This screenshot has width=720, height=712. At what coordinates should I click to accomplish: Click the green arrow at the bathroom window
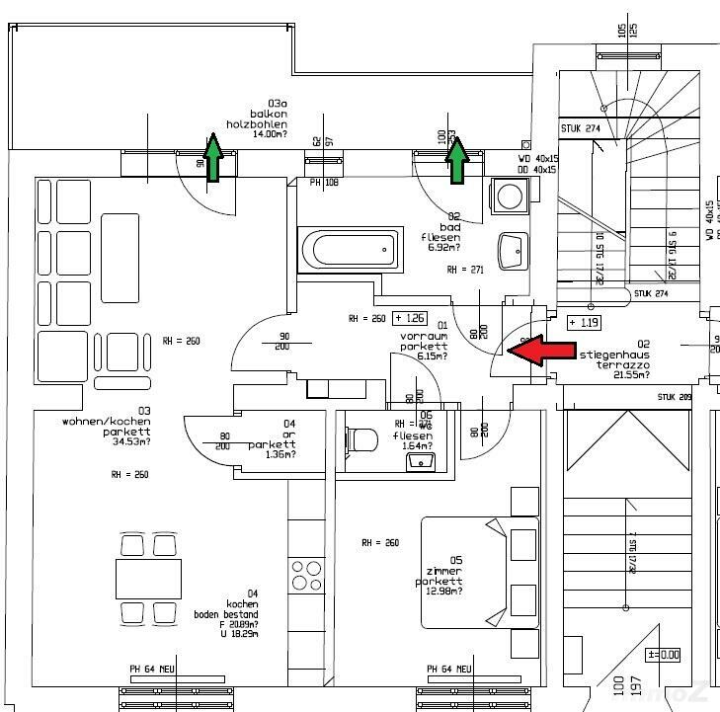(456, 161)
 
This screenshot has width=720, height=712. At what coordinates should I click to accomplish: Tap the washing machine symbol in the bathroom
(511, 196)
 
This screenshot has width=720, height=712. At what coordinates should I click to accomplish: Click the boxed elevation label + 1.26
(409, 318)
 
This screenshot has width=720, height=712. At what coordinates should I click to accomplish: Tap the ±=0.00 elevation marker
(664, 654)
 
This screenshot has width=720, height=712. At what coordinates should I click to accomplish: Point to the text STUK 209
(675, 397)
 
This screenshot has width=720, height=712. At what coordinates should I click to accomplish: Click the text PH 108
(323, 183)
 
